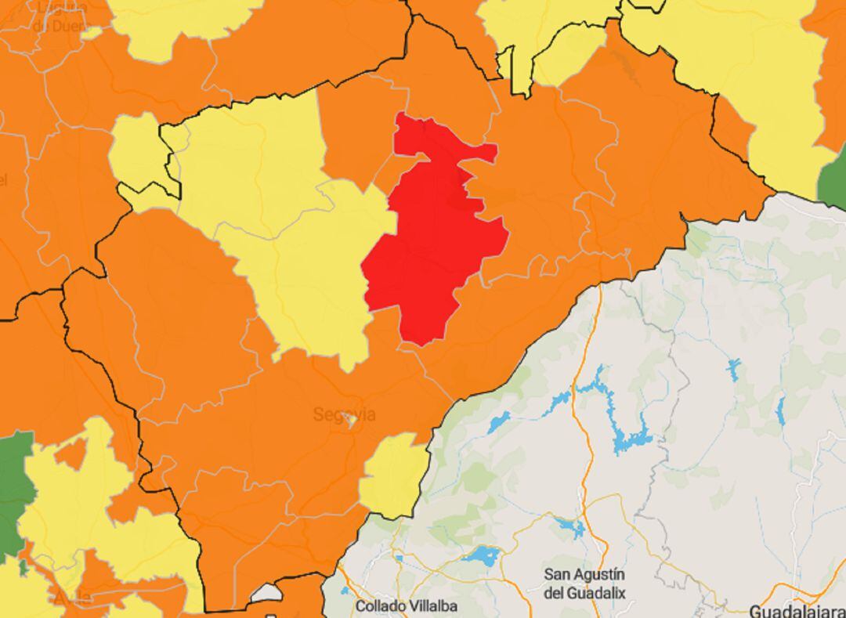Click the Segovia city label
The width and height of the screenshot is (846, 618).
click(x=344, y=414)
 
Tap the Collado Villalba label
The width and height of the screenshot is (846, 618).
click(x=406, y=605)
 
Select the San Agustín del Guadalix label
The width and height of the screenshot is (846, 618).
click(x=584, y=584)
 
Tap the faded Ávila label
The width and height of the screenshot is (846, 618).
click(x=72, y=597)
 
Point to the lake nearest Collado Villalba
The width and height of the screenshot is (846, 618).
click(x=482, y=557)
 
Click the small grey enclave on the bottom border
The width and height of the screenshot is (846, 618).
click(x=266, y=594)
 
